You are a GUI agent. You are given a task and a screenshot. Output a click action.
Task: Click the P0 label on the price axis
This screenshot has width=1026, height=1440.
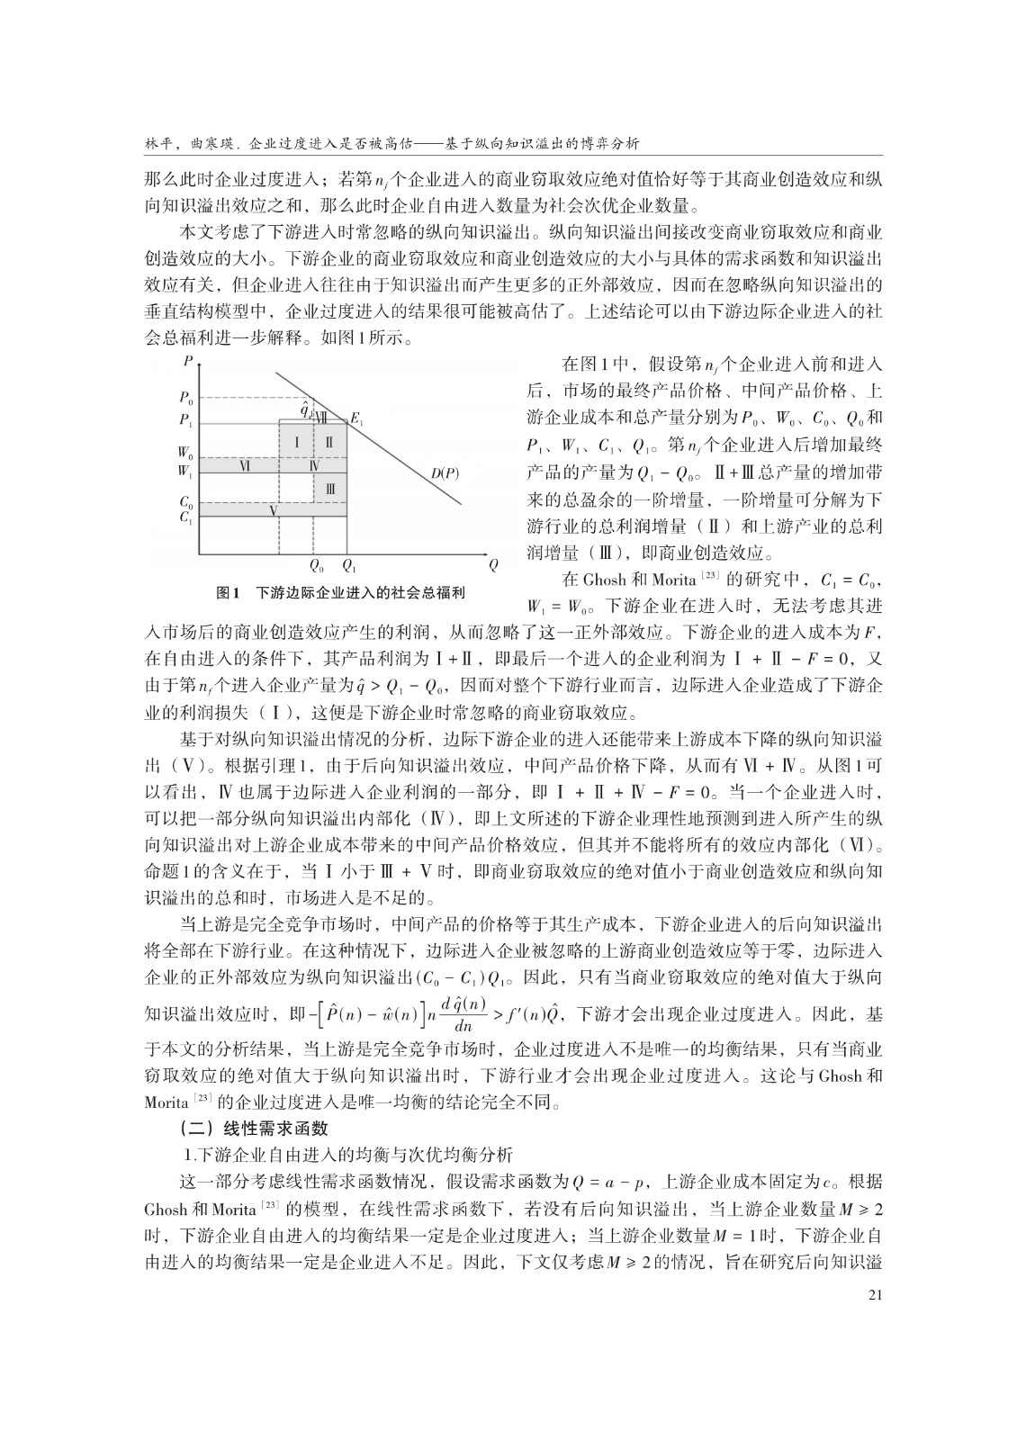[185, 397]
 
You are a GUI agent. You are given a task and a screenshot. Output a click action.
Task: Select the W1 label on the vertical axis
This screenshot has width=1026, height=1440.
[184, 471]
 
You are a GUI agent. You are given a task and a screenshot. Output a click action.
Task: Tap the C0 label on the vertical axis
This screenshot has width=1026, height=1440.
[185, 502]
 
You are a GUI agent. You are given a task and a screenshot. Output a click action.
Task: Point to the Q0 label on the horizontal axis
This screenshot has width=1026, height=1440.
[315, 566]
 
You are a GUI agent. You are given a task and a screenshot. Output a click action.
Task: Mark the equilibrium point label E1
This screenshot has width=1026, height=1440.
[357, 418]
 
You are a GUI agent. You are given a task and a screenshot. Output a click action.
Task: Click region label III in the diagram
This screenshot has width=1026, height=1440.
[330, 488]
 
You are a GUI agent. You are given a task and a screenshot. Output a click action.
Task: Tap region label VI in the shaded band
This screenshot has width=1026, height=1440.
[244, 465]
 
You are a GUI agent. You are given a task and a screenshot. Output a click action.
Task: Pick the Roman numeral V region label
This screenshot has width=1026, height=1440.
[273, 510]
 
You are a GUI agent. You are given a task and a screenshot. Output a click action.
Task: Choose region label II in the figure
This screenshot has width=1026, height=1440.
[329, 442]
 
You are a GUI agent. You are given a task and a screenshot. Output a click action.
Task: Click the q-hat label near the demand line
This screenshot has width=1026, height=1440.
[306, 407]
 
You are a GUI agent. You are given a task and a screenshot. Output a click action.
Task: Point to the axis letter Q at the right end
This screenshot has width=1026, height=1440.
[492, 566]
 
